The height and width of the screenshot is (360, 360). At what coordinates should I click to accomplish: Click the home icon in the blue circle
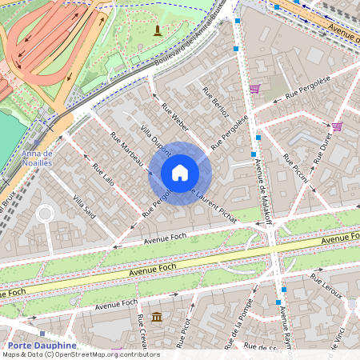coord(179,172)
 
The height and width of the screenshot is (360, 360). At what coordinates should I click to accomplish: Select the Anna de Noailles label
coord(37,157)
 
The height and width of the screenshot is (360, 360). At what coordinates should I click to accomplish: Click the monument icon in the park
coord(158,30)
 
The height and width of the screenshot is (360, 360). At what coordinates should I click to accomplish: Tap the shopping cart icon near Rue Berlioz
coord(254,89)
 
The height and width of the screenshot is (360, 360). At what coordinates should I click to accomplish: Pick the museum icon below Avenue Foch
coord(156,317)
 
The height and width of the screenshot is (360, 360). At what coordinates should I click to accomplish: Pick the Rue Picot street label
coord(183,328)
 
